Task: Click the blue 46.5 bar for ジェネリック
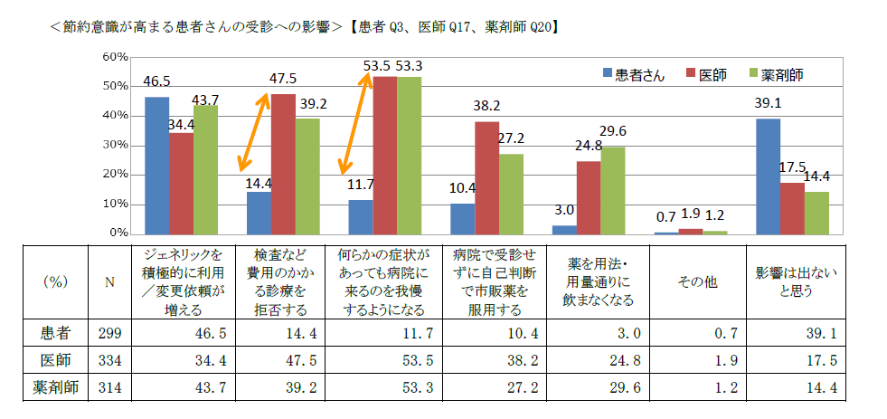tap(156, 165)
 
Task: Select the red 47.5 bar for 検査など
tap(283, 163)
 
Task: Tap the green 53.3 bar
tap(409, 155)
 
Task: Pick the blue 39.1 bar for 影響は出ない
tap(768, 176)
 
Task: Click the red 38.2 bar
tap(487, 177)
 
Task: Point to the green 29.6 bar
tap(613, 190)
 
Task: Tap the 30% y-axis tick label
tap(115, 145)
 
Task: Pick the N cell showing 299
tap(109, 332)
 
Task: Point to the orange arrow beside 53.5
tap(354, 125)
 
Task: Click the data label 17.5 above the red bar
tap(792, 168)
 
